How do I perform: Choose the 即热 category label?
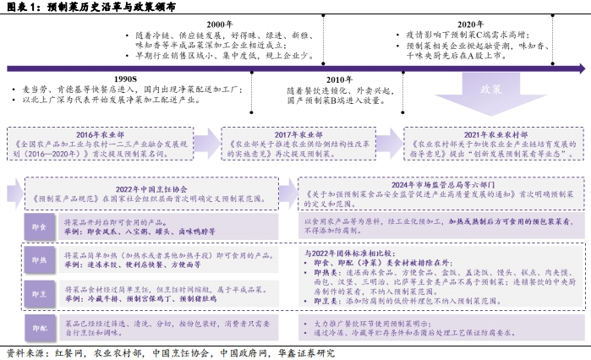coord(39,259)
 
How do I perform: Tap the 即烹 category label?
coord(39,292)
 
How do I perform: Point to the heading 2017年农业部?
coord(297,134)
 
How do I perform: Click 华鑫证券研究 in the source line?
coord(304,353)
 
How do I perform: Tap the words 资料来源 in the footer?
coord(24,353)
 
